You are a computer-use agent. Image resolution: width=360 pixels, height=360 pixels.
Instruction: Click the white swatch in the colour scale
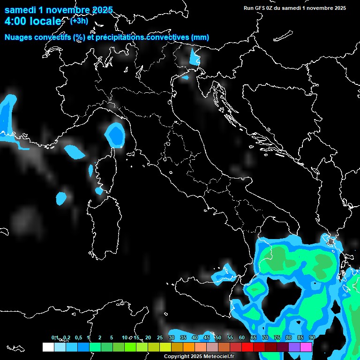click(x=48, y=347)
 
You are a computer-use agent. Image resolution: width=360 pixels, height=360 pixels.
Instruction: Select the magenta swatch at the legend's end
click(x=306, y=347)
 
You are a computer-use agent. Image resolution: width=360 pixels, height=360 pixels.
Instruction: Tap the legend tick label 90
click(x=312, y=338)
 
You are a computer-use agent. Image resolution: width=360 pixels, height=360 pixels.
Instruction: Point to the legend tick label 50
click(x=218, y=338)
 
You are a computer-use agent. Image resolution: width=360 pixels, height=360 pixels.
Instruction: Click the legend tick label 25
click(x=159, y=338)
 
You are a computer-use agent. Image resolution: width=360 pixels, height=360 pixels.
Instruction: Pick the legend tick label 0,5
click(x=78, y=338)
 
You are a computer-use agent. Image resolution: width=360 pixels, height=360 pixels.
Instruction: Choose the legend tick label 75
click(x=277, y=338)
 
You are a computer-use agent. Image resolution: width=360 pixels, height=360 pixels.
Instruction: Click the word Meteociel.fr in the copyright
click(x=218, y=356)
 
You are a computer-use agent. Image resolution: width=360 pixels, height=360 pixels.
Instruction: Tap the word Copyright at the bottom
click(x=176, y=356)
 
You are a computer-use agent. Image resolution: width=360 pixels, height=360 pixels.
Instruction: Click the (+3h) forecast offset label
click(x=78, y=21)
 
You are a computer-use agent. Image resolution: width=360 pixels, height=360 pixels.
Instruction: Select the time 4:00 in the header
click(x=15, y=21)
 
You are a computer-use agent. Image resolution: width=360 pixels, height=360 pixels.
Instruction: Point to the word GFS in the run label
click(x=260, y=7)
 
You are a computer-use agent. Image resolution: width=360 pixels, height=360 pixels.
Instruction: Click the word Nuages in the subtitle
click(x=19, y=37)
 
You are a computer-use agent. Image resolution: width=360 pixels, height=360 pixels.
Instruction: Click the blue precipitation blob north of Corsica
click(x=115, y=135)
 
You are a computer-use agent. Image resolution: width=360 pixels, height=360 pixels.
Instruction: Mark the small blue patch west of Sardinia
click(x=61, y=198)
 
